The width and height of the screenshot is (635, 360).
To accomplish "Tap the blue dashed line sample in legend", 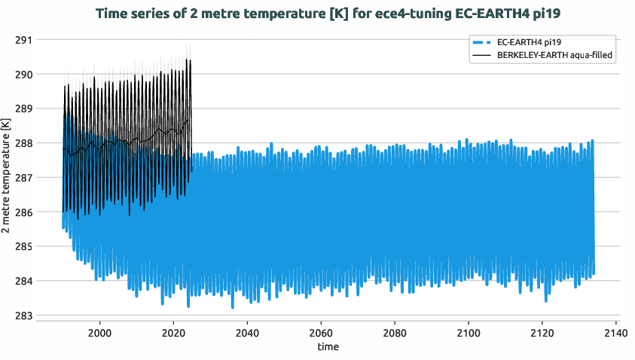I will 481,42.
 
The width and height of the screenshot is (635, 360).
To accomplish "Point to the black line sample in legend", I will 481,55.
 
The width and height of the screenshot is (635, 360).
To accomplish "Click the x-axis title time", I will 328,347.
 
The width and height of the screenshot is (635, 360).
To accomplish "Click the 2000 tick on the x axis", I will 100,332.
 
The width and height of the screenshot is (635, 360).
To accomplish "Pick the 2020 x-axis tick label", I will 174,332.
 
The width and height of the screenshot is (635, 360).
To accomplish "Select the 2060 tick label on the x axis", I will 321,332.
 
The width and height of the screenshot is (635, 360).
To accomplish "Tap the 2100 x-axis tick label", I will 469,332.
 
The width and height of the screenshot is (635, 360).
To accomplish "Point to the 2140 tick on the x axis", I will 615,332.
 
